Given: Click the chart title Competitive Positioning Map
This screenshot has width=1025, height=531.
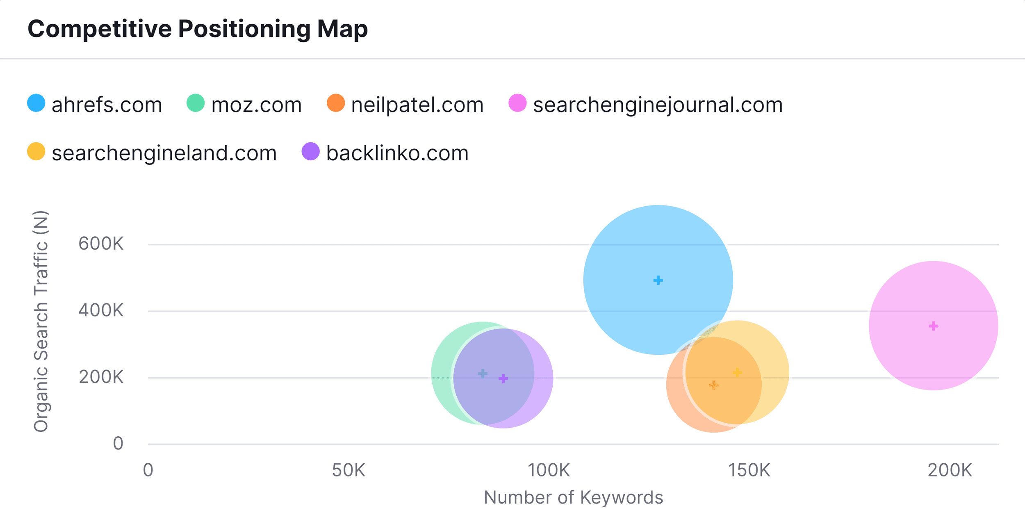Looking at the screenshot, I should pyautogui.click(x=198, y=29).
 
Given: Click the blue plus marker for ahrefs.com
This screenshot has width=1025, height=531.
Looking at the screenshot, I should pyautogui.click(x=658, y=280).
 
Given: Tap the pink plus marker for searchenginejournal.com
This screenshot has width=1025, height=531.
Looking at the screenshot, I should pyautogui.click(x=934, y=326).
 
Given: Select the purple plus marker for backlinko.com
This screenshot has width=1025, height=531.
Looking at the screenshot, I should pyautogui.click(x=503, y=378).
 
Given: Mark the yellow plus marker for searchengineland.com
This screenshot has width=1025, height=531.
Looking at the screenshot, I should pyautogui.click(x=737, y=372).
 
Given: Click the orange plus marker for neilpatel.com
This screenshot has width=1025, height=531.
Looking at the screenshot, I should pyautogui.click(x=714, y=385).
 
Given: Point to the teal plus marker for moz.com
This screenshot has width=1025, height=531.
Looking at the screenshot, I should pyautogui.click(x=483, y=374).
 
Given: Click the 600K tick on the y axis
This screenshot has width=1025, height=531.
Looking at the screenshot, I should pyautogui.click(x=101, y=244).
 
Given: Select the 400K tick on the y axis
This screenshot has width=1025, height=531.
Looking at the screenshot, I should pyautogui.click(x=101, y=311).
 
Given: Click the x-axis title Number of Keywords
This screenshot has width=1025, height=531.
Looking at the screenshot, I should pyautogui.click(x=573, y=498).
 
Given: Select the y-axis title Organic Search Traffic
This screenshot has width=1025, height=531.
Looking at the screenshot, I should pyautogui.click(x=41, y=321).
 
